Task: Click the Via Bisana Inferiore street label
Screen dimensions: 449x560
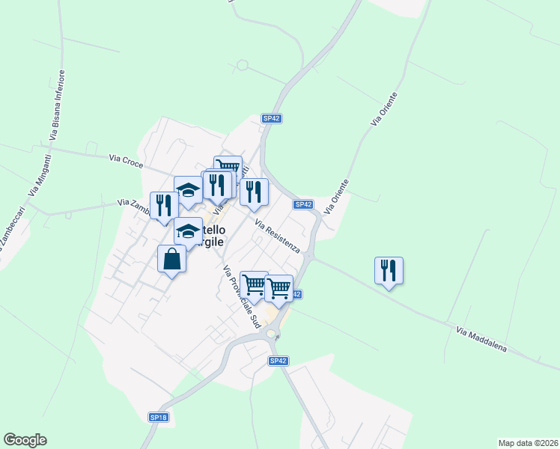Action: (x=57, y=106)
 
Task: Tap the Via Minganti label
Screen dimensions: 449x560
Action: (x=39, y=175)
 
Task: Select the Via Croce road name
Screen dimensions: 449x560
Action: (x=125, y=159)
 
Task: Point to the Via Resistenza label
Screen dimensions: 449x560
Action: (x=277, y=236)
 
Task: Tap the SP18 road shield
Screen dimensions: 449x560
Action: (x=158, y=417)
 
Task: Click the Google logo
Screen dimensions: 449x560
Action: (x=25, y=440)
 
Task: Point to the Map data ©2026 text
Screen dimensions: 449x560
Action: (x=528, y=442)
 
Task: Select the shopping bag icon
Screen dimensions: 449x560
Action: (x=171, y=259)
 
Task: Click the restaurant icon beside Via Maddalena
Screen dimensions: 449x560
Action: (x=389, y=270)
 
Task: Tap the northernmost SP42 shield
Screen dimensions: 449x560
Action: (x=271, y=118)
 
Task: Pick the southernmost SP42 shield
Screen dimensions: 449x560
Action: (x=278, y=361)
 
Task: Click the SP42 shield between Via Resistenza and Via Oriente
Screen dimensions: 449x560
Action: (x=303, y=204)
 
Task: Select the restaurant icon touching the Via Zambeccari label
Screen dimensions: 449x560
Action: (x=164, y=206)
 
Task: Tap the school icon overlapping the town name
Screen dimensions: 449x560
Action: (x=188, y=230)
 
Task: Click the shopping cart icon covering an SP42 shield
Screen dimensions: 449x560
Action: (x=279, y=287)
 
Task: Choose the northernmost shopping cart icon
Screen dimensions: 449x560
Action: (x=228, y=166)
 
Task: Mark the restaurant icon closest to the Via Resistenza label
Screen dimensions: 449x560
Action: (x=254, y=192)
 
